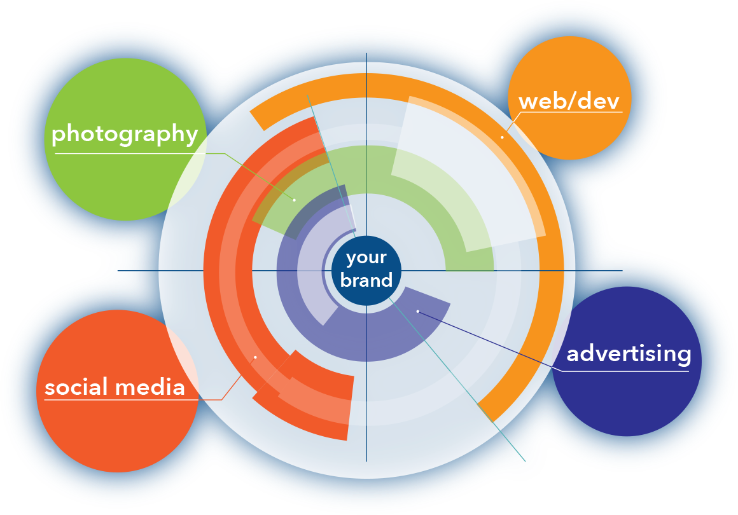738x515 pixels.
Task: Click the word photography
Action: tap(125, 134)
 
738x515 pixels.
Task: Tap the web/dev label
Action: tap(569, 101)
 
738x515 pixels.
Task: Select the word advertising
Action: tap(629, 354)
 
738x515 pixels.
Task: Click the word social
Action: tap(75, 387)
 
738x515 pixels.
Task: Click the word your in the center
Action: tap(366, 257)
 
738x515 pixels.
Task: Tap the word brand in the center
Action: tap(366, 280)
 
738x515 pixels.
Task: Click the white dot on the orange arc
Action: tap(502, 137)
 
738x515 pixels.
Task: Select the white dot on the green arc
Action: tap(295, 200)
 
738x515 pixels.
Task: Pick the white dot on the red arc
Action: tap(255, 357)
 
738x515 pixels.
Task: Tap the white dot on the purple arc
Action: tap(418, 311)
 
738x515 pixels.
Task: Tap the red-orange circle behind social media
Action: tap(115, 432)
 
